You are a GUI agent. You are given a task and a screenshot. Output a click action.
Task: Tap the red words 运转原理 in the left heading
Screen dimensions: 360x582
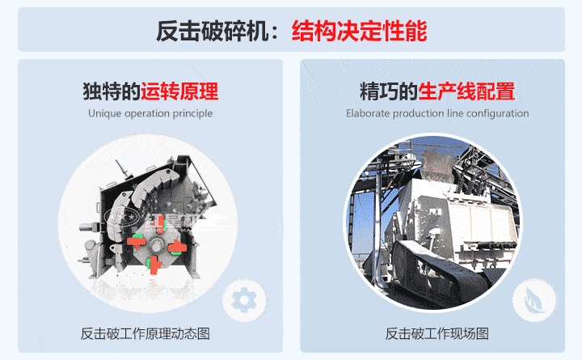pyautogui.click(x=179, y=90)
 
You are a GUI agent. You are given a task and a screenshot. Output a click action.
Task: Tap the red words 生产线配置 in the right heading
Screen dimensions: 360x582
pyautogui.click(x=466, y=90)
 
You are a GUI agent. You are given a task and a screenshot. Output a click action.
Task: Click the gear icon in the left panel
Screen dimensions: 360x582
pyautogui.click(x=242, y=300)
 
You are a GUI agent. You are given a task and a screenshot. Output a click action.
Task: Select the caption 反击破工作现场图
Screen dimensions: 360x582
pyautogui.click(x=437, y=334)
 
